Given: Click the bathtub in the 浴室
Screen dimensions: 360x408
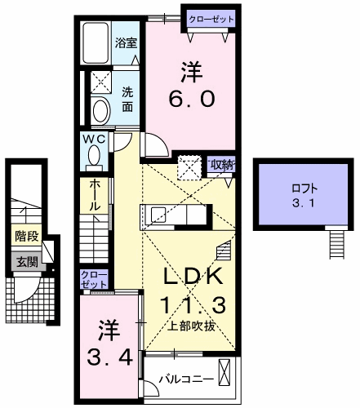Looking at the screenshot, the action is click(x=96, y=43).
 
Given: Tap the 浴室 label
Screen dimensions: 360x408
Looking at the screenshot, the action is click(x=126, y=43).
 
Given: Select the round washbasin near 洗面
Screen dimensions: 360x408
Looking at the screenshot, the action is click(x=101, y=111).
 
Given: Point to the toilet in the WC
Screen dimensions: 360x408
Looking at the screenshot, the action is click(x=94, y=157).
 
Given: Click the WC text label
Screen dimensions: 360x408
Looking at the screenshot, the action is click(x=94, y=140).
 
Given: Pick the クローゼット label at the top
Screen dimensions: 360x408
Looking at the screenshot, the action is click(x=211, y=20).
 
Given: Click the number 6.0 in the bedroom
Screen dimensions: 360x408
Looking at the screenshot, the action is click(x=192, y=99).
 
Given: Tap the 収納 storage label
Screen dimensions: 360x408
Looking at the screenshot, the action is click(x=221, y=166).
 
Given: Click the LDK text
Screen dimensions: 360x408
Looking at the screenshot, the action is click(x=193, y=276).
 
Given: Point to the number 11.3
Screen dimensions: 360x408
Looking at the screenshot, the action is click(x=193, y=304).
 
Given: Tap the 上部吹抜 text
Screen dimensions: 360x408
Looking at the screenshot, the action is click(x=193, y=326).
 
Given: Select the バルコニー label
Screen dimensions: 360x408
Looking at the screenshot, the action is click(x=186, y=379).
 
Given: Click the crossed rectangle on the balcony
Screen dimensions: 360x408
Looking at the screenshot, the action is click(x=224, y=372).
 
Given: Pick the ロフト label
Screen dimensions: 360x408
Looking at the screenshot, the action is click(x=304, y=188).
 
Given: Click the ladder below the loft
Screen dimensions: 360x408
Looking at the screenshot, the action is click(x=337, y=242).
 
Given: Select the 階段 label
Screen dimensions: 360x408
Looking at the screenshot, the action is click(x=26, y=236).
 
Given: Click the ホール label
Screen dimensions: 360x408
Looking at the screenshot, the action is click(x=95, y=195).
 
